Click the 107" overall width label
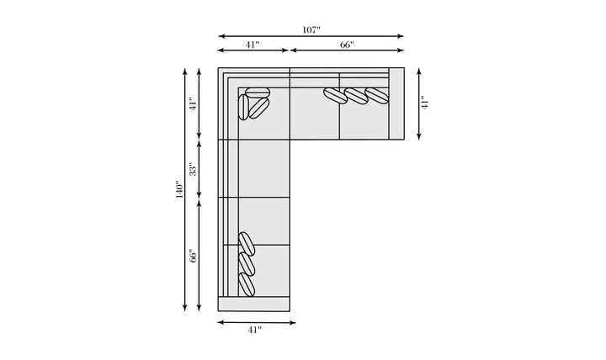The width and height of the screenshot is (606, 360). pos(311,29)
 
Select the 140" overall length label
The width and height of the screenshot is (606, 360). pos(180,189)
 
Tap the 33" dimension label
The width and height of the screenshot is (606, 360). pos(194,169)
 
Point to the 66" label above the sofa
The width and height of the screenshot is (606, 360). pos(347,45)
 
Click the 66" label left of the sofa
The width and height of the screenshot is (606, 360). pos(194,256)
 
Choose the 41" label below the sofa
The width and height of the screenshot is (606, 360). pos(255,330)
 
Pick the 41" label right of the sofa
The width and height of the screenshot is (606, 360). pos(425,103)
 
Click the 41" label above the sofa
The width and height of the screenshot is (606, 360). pos(252,45)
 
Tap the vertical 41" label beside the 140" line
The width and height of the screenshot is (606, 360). pos(194,103)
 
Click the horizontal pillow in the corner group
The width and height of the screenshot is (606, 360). pos(258,93)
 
